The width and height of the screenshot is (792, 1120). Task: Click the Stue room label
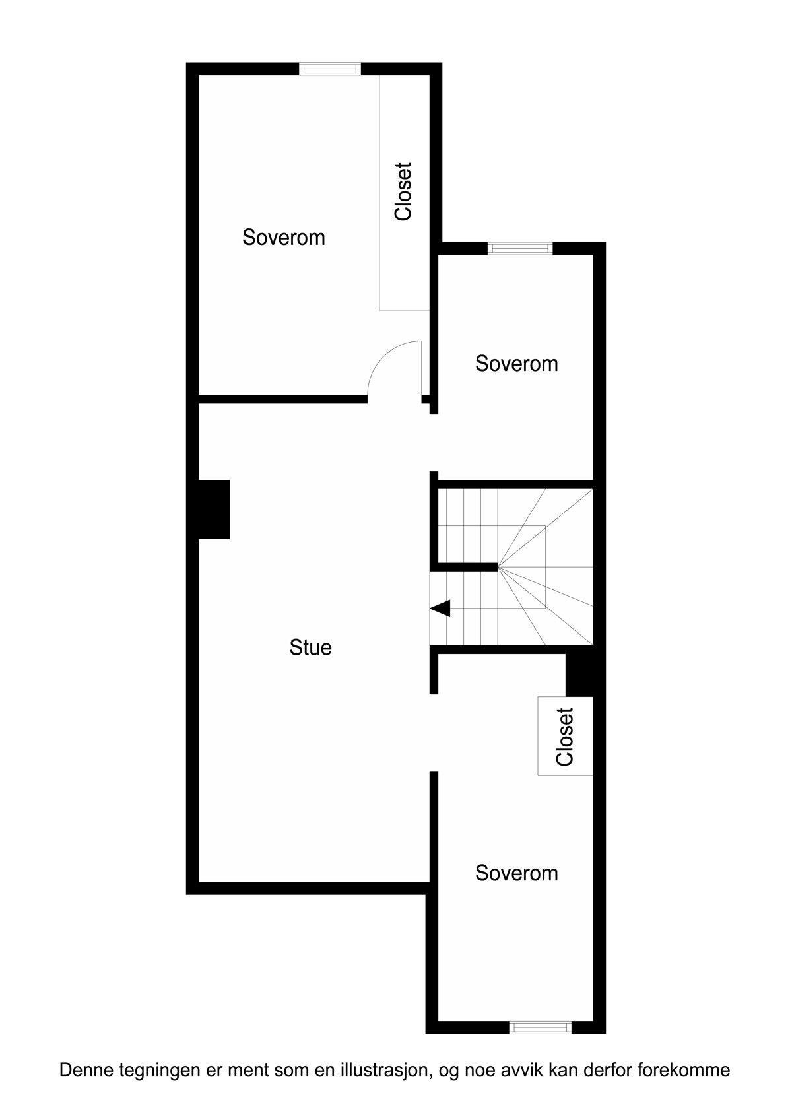(x=310, y=647)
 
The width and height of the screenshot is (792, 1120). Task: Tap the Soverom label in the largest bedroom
(x=284, y=237)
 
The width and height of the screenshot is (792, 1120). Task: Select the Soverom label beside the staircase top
(x=516, y=364)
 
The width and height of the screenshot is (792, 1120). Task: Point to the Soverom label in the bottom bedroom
(x=516, y=873)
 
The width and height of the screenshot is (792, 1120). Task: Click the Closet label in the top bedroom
(x=403, y=191)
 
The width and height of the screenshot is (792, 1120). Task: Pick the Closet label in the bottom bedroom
(x=565, y=737)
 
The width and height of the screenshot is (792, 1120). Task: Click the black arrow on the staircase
(x=440, y=608)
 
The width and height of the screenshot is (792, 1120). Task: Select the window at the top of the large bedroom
(x=330, y=69)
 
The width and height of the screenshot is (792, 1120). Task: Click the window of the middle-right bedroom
(x=519, y=248)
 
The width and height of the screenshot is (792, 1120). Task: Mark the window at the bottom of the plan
(x=540, y=1027)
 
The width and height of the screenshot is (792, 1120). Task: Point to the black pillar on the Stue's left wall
(x=214, y=509)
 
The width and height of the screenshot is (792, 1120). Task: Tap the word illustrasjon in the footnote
(x=383, y=1071)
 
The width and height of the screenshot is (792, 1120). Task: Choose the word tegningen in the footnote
(x=149, y=1071)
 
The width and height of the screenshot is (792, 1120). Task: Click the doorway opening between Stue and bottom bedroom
(x=434, y=733)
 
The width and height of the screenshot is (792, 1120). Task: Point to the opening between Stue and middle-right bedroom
(x=434, y=443)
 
